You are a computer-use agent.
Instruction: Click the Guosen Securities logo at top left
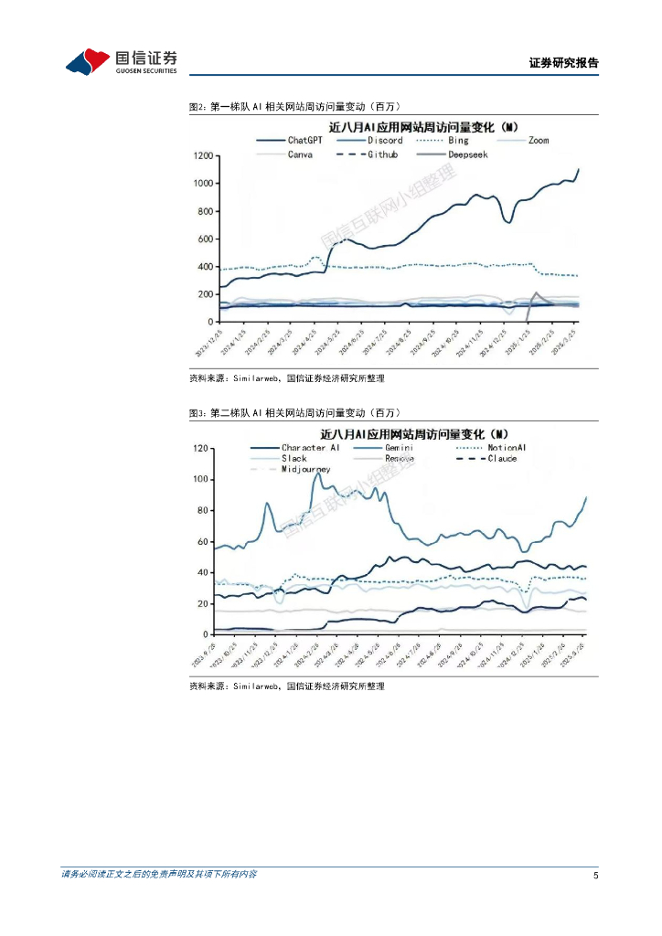click(121, 61)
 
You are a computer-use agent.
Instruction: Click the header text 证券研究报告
click(563, 63)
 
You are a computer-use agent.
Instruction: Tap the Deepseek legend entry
click(467, 154)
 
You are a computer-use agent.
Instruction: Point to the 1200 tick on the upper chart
click(202, 156)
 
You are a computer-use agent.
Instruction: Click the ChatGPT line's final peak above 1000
click(579, 169)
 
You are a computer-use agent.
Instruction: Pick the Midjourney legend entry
click(306, 469)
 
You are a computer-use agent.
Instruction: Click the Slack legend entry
click(294, 458)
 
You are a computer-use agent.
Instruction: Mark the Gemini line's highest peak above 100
click(316, 473)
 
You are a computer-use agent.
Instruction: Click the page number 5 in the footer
click(595, 876)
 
